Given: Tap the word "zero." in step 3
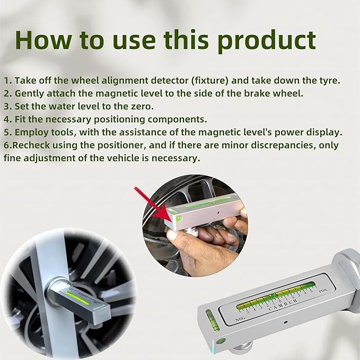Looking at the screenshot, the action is [142, 107].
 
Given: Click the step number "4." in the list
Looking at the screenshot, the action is [8, 119].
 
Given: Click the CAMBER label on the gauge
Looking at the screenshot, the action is [283, 305].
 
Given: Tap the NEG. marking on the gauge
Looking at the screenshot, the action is [241, 319].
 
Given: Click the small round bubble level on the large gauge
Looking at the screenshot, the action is [221, 341].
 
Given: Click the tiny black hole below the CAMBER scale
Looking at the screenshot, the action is [285, 322].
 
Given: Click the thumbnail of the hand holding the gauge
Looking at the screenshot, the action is [195, 225].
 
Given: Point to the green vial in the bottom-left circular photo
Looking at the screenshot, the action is [77, 298].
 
